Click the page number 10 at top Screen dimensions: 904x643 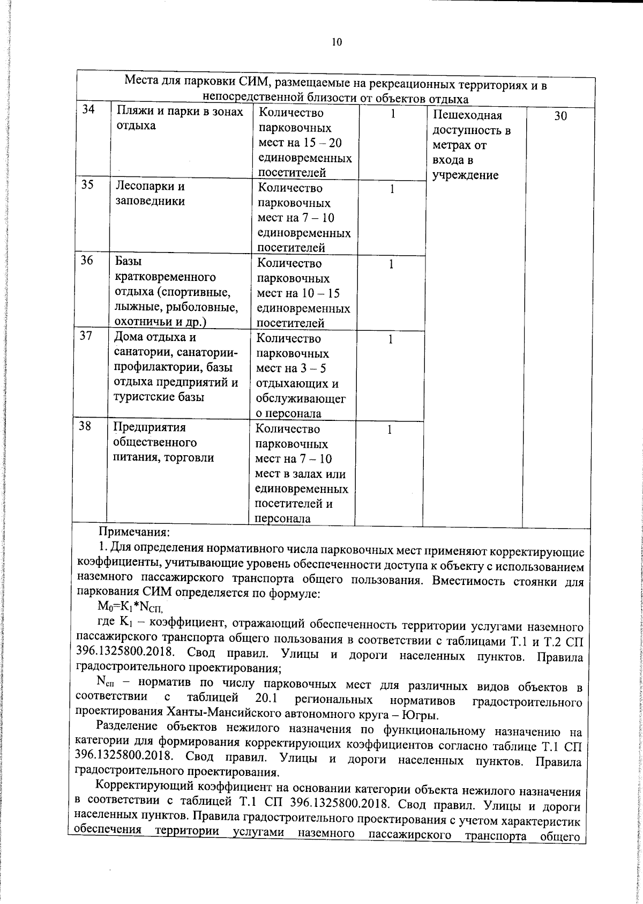pyautogui.click(x=337, y=43)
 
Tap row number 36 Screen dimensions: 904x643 pyautogui.click(x=87, y=261)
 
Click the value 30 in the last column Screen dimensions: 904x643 pyautogui.click(x=560, y=116)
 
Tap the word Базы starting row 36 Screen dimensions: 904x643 pyautogui.click(x=129, y=262)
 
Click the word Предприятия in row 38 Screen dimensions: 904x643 pyautogui.click(x=149, y=427)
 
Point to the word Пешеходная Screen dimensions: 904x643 pyautogui.click(x=467, y=116)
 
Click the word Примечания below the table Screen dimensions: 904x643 pyautogui.click(x=133, y=533)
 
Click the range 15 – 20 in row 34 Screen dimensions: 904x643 pyautogui.click(x=321, y=143)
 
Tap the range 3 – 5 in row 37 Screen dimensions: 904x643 pyautogui.click(x=313, y=369)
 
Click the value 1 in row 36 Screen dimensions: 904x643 pyautogui.click(x=391, y=264)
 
